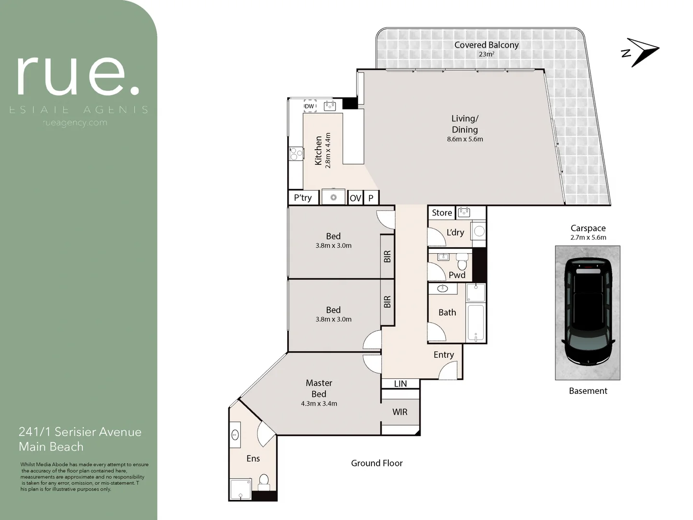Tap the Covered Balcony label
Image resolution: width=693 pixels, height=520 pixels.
[486, 45]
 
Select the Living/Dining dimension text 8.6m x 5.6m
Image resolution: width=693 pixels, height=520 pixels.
[464, 139]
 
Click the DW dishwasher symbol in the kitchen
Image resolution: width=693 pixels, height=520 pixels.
[309, 106]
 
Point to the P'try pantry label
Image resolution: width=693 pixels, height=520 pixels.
[303, 197]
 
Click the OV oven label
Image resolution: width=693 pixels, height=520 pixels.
[355, 198]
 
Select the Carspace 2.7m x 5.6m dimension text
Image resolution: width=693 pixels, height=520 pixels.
[588, 237]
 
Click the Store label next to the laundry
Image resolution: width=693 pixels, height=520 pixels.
[441, 212]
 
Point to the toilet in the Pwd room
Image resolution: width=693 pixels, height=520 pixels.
[462, 262]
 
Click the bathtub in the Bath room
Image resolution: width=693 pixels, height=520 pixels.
[476, 323]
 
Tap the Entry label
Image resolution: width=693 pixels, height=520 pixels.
[443, 355]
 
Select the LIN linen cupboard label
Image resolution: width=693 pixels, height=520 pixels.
[400, 384]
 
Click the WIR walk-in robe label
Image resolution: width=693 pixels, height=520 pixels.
[399, 412]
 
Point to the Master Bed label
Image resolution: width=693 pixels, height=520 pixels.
[319, 388]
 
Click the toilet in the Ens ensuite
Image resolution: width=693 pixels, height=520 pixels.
[264, 480]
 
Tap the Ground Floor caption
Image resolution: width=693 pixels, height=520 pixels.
[376, 463]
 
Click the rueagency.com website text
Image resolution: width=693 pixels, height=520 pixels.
[75, 123]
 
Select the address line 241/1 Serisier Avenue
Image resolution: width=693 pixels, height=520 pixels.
[80, 432]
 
